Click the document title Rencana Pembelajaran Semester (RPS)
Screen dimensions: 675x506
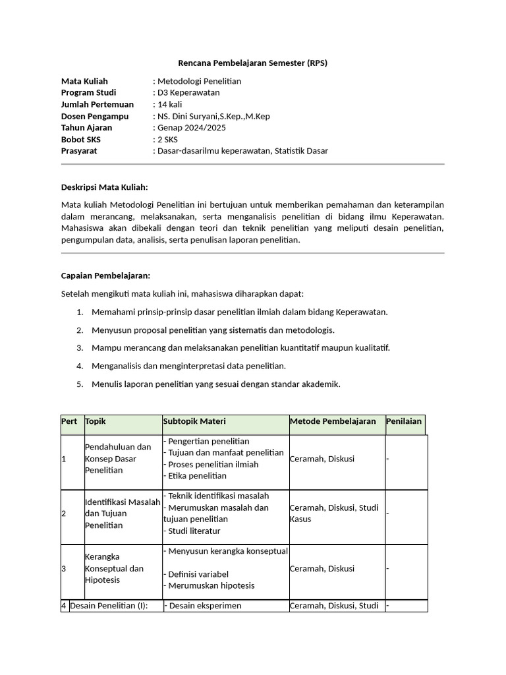pyautogui.click(x=252, y=63)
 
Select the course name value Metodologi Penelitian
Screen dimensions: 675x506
pyautogui.click(x=198, y=81)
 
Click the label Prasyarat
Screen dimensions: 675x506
pyautogui.click(x=79, y=151)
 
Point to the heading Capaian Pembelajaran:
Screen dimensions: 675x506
pyautogui.click(x=105, y=275)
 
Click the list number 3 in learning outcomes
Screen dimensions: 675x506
pyautogui.click(x=79, y=347)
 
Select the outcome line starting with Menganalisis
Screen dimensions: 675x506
pyautogui.click(x=188, y=366)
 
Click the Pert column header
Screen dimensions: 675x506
pyautogui.click(x=69, y=421)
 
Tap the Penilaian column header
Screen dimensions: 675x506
pyautogui.click(x=404, y=421)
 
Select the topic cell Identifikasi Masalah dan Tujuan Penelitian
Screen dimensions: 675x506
pyautogui.click(x=123, y=514)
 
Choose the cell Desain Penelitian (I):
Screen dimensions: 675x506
pyautogui.click(x=109, y=606)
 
